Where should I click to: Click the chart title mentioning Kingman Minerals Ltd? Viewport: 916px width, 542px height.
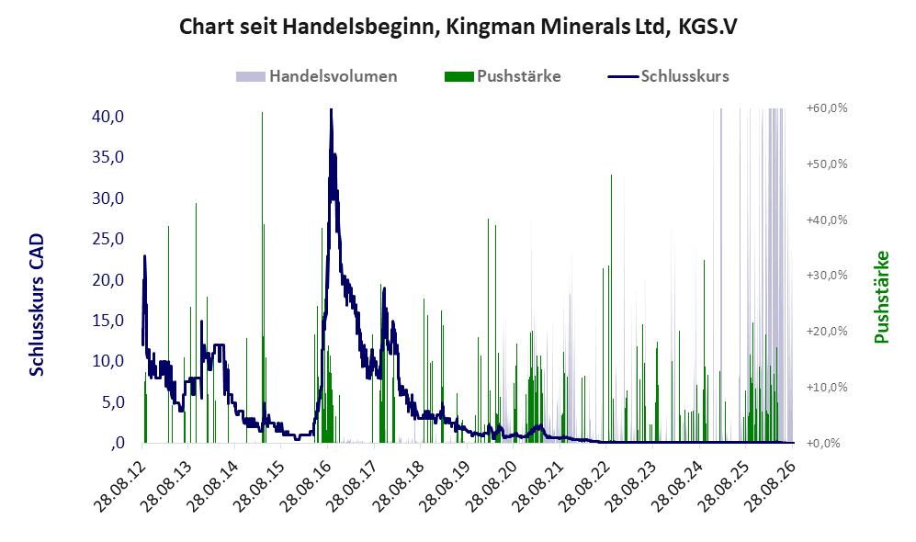458,27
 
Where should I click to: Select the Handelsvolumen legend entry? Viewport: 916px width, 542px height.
317,76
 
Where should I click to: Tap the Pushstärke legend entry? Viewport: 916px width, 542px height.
503,76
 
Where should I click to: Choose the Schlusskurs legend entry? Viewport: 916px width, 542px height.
668,76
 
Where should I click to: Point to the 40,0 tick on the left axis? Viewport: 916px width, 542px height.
108,117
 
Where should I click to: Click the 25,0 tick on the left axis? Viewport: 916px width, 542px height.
108,238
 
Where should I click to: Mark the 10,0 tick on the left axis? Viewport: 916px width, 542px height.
108,360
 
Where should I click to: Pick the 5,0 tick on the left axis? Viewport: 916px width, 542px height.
113,401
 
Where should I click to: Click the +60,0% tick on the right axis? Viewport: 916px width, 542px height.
827,108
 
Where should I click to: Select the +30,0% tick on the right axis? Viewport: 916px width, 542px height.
827,275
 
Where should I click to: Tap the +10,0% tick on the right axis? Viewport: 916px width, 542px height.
827,387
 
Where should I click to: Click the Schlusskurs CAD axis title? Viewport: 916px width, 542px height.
37,305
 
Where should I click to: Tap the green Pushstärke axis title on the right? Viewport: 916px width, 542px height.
881,298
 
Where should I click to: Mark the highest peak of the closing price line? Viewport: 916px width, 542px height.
331,110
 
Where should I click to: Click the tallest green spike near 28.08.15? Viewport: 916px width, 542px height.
262,277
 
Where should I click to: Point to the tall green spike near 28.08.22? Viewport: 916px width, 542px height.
612,308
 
